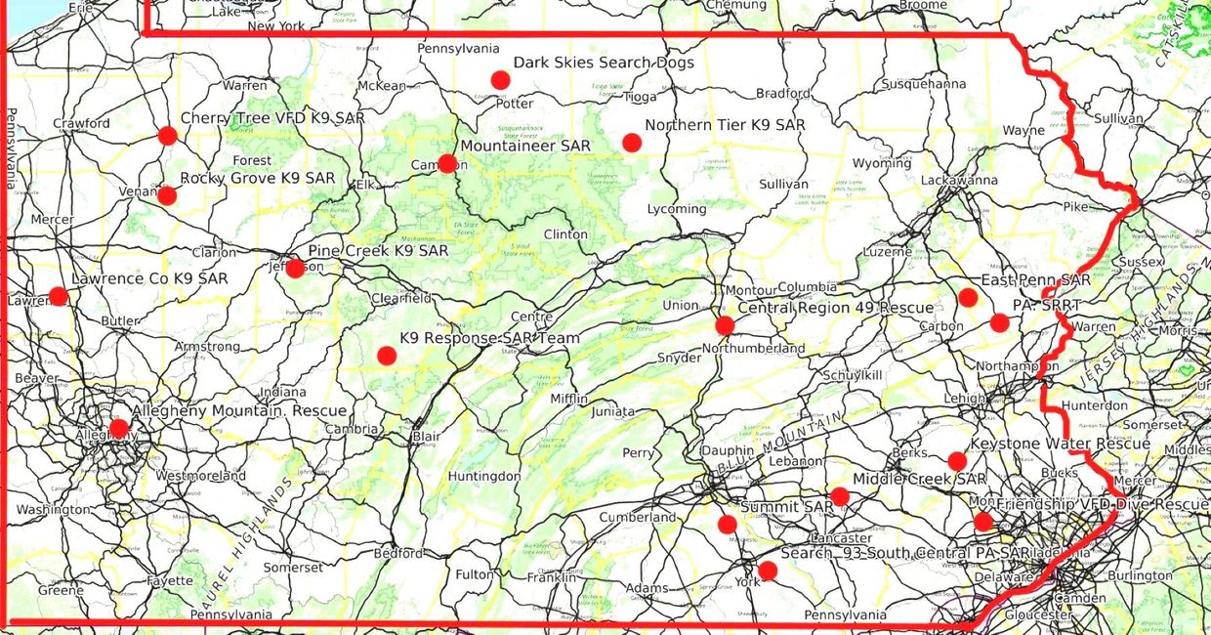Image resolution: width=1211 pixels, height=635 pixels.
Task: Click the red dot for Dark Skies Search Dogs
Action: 500,80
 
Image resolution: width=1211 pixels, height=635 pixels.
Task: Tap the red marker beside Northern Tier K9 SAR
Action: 632,143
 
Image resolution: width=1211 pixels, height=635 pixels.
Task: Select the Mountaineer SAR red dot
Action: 447,163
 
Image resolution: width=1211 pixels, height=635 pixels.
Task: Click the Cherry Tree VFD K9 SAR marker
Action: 167,136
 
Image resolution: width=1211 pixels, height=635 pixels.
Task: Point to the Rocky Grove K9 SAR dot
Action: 167,195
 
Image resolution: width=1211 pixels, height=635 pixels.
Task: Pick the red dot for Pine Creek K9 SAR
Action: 295,268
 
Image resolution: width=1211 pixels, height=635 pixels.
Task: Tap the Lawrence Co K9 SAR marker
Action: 59,296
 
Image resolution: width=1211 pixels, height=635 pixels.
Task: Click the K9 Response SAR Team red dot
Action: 386,356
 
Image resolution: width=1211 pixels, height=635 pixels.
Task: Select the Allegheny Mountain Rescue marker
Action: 118,428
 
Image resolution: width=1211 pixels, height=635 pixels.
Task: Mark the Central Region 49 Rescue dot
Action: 724,325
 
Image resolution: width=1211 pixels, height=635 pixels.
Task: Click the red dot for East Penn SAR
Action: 968,297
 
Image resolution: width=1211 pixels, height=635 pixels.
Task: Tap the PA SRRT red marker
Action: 999,322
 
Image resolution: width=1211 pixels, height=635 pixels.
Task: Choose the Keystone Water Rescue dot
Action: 957,461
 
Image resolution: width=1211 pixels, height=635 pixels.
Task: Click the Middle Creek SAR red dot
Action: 840,496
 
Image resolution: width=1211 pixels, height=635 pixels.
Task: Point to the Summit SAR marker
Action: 727,525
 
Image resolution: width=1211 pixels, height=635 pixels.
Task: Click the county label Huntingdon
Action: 484,477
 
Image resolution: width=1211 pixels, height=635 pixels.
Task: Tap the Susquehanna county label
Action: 923,84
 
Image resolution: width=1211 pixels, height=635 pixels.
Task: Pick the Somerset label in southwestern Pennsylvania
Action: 292,568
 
